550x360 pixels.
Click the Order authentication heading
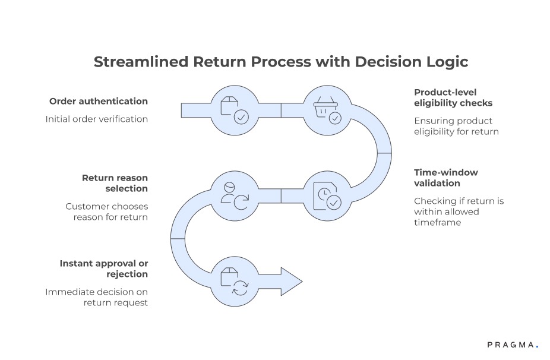coord(98,102)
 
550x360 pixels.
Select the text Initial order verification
coord(96,119)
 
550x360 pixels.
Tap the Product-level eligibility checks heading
coord(453,97)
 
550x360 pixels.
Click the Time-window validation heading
coord(445,178)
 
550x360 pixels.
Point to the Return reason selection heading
coord(115,183)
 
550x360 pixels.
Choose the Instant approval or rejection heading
coord(103,269)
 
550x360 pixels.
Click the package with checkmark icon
coord(233,109)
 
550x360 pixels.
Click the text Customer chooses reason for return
coord(107,211)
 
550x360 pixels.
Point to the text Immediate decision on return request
coord(97,297)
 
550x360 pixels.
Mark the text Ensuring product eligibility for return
coord(456,125)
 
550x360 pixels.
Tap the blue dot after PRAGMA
coord(537,346)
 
